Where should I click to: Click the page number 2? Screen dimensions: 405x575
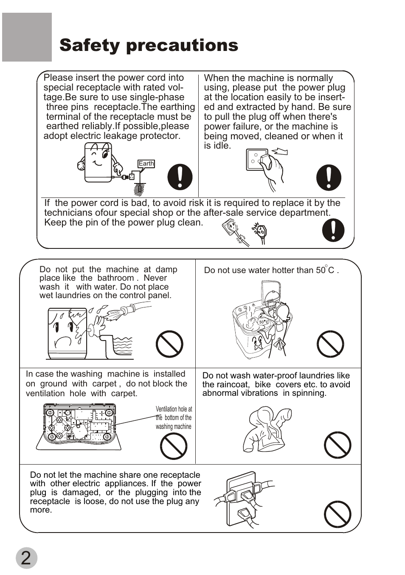pos(26,558)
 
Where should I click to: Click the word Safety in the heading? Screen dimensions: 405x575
pos(89,45)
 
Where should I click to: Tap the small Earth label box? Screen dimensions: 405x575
pos(146,163)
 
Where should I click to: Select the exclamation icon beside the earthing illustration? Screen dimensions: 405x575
pos(180,177)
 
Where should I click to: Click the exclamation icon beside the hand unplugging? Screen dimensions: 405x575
pos(329,177)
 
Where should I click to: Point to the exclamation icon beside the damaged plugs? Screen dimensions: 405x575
pos(333,230)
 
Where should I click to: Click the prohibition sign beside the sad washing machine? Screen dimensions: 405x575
pos(169,344)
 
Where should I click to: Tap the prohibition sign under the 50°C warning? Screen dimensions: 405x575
pos(330,344)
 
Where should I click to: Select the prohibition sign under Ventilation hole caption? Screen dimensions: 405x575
pos(173,446)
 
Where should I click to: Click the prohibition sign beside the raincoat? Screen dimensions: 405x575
pos(337,445)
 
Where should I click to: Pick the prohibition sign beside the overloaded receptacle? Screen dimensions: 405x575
pos(337,514)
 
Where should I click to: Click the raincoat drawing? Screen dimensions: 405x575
pos(267,429)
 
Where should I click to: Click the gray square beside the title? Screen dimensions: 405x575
pos(27,37)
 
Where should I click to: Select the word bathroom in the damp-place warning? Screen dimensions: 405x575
pos(115,278)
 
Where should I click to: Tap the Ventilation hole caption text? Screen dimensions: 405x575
pos(174,418)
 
